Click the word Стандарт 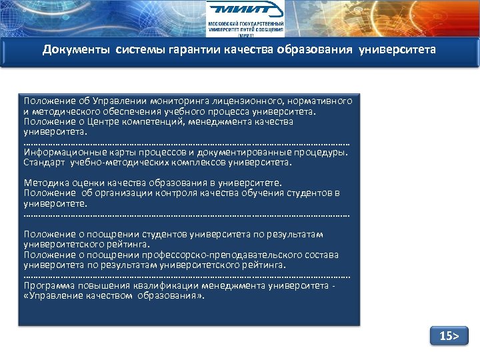pos(43,162)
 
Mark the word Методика pos(45,183)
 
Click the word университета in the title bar pos(397,50)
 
